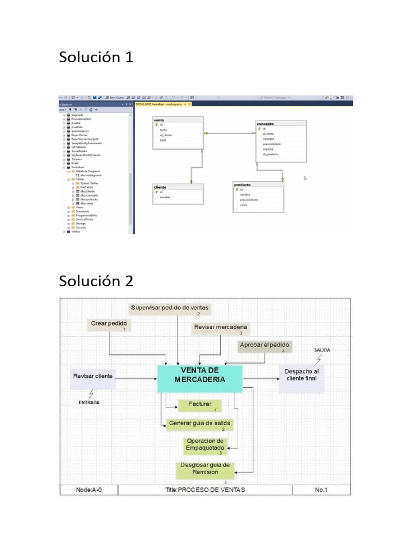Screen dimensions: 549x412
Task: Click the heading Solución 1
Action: point(96,57)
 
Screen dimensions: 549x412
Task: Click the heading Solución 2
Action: point(96,280)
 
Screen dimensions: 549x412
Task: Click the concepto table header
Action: point(281,123)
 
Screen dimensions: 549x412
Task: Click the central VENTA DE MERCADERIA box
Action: point(200,379)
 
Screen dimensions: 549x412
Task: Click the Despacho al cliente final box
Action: point(301,374)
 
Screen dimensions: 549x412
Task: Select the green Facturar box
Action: point(200,405)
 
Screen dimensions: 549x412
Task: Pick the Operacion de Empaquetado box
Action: point(204,445)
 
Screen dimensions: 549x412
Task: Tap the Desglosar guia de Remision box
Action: point(204,469)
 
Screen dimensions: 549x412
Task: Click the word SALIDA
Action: point(322,350)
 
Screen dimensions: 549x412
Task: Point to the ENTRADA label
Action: point(90,402)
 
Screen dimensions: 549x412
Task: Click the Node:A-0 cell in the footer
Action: point(89,489)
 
